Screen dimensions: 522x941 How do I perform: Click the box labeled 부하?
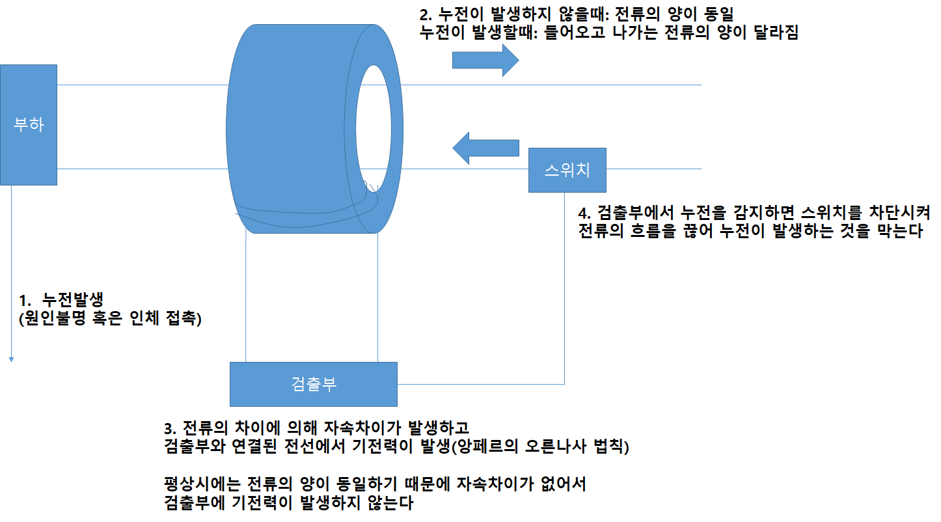pyautogui.click(x=29, y=124)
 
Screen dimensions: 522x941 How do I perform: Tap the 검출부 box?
pyautogui.click(x=313, y=383)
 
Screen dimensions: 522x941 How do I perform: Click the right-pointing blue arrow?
pyautogui.click(x=485, y=61)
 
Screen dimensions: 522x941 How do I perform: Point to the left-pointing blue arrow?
pyautogui.click(x=485, y=148)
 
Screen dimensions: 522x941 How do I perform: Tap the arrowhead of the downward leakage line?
pyautogui.click(x=11, y=358)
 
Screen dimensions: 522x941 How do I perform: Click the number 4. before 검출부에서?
pyautogui.click(x=584, y=213)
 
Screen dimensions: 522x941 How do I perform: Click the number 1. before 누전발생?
pyautogui.click(x=25, y=301)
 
